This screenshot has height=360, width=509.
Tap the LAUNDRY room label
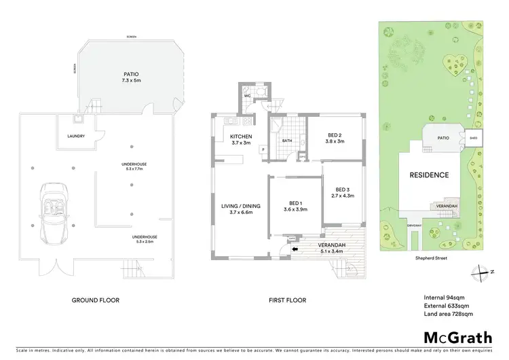click(x=76, y=136)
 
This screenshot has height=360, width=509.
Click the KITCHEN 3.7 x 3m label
click(x=241, y=139)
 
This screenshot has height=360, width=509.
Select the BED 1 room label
click(x=295, y=205)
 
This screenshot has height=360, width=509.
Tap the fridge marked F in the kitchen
click(x=263, y=149)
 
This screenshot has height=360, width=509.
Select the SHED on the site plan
click(x=474, y=139)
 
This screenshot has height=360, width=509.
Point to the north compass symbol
click(x=480, y=272)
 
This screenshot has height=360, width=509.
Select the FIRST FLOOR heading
click(x=286, y=300)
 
